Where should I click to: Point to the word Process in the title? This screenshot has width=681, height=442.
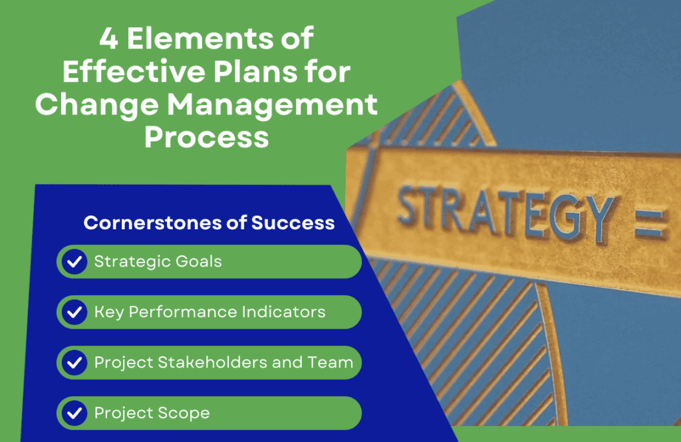pyautogui.click(x=206, y=138)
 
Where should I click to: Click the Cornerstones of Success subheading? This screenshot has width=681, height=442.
pyautogui.click(x=209, y=223)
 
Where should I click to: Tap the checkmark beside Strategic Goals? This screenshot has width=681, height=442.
pyautogui.click(x=74, y=262)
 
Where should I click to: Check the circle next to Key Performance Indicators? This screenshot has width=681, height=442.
pyautogui.click(x=74, y=312)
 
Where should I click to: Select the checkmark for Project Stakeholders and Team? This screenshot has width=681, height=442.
pyautogui.click(x=74, y=363)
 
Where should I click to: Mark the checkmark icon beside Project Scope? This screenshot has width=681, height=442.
pyautogui.click(x=74, y=413)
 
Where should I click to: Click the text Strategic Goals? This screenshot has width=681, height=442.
pyautogui.click(x=158, y=262)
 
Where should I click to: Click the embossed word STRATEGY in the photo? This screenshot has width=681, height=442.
pyautogui.click(x=505, y=211)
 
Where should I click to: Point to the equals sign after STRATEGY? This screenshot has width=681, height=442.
pyautogui.click(x=650, y=225)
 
